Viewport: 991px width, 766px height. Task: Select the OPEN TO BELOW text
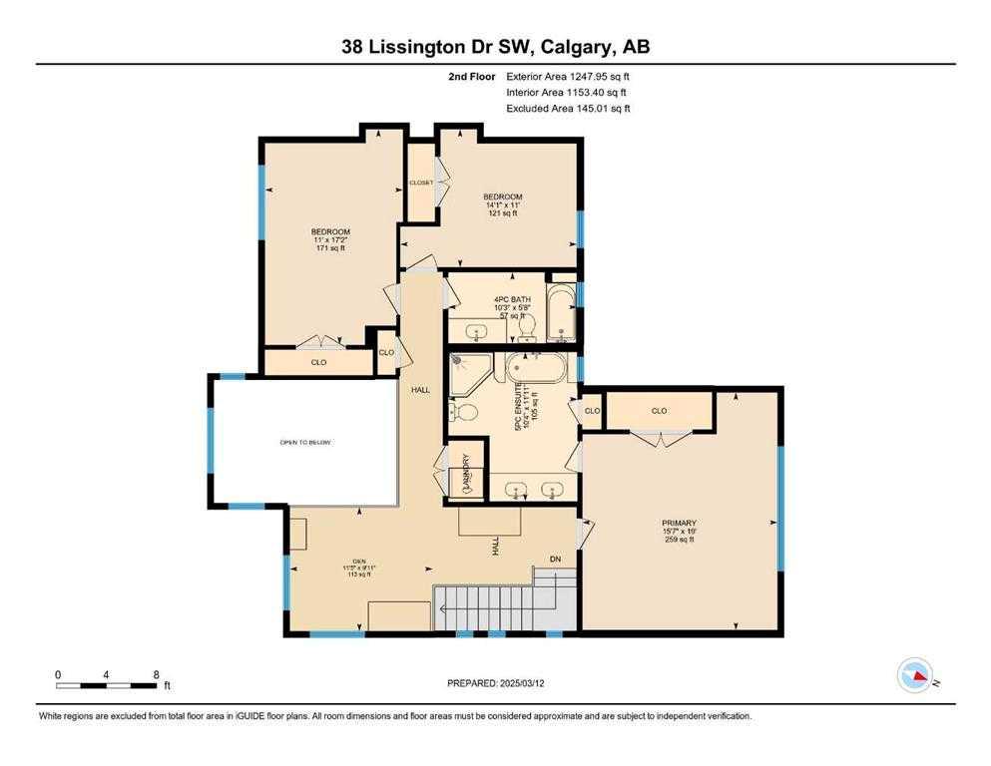305,442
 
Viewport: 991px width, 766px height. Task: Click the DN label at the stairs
556,560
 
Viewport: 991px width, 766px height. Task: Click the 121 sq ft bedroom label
503,204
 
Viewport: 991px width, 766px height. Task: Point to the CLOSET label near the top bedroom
420,183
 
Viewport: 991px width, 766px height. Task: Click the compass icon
917,675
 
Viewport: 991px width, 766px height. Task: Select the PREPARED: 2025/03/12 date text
498,683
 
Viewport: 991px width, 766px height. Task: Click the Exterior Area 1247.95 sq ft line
567,76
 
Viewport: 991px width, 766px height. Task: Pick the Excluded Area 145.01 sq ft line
568,109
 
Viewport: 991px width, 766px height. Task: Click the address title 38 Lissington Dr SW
495,46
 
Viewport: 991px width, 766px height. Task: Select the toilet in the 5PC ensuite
462,410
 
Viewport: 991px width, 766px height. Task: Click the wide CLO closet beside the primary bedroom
659,411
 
